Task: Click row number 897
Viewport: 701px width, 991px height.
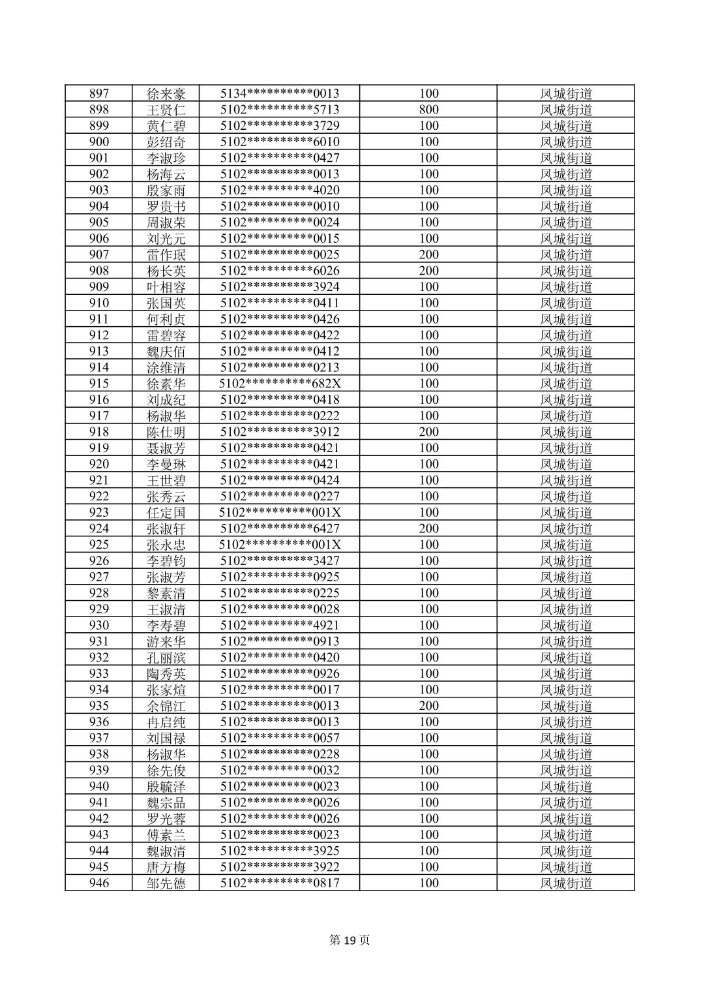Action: tap(99, 93)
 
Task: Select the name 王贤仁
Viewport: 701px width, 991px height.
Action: tap(166, 110)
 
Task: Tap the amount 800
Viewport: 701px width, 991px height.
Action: tap(428, 110)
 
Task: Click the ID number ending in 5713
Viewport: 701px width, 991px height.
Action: tap(280, 110)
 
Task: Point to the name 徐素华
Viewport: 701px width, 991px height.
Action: tap(166, 384)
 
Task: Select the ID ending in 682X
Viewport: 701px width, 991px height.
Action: tap(280, 384)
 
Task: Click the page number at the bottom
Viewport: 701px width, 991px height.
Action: tap(350, 940)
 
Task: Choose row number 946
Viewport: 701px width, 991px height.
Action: tap(99, 883)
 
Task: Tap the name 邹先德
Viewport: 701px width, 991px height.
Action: tap(166, 883)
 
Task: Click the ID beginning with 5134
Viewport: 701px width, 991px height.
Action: tap(280, 93)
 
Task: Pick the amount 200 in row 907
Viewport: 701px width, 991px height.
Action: tap(428, 254)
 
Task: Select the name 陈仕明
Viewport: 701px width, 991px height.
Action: tap(166, 432)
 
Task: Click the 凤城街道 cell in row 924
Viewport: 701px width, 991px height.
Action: tap(566, 528)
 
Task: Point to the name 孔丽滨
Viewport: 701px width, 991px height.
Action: tap(166, 658)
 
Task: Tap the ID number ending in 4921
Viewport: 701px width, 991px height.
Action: tap(280, 625)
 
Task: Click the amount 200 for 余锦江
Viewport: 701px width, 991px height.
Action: tap(428, 706)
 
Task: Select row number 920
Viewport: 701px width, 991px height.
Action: tap(99, 464)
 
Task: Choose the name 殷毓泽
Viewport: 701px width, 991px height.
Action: tap(166, 786)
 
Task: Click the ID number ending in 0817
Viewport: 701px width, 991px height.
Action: tap(280, 883)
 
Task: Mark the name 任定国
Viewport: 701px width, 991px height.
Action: tap(166, 512)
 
